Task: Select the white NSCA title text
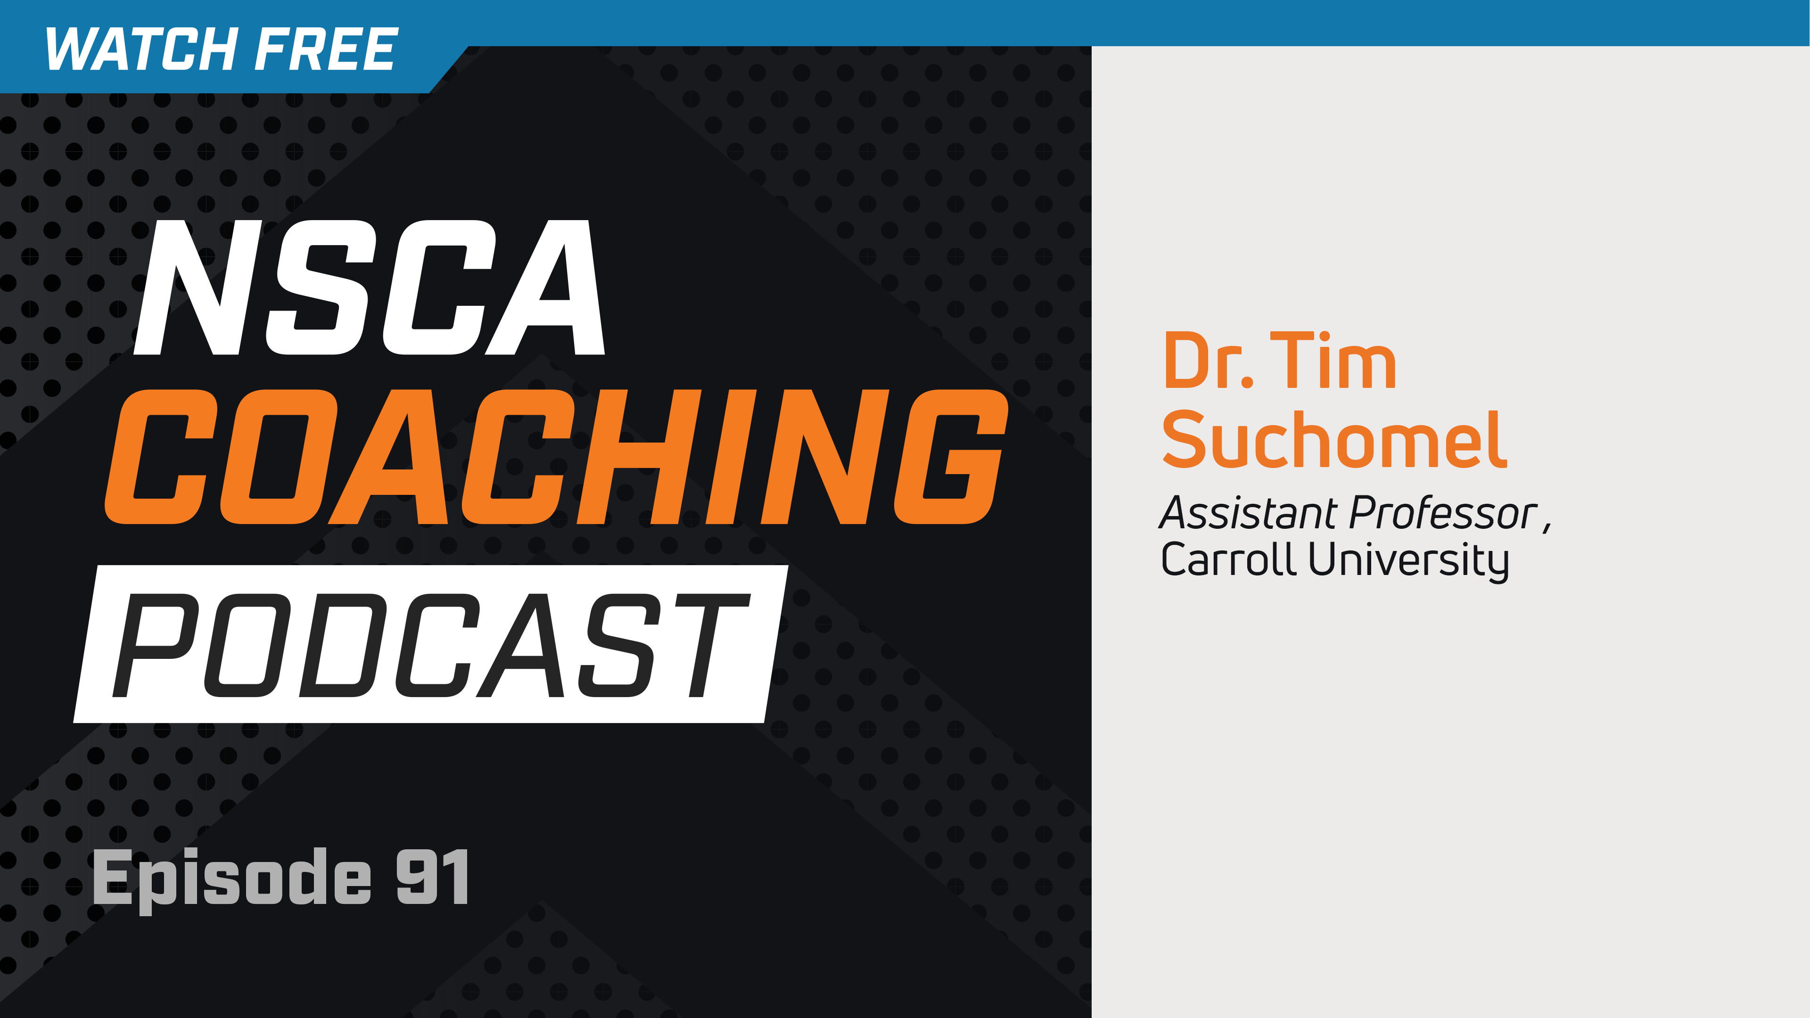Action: click(x=369, y=288)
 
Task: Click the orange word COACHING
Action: click(x=555, y=457)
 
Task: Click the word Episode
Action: click(x=232, y=878)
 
